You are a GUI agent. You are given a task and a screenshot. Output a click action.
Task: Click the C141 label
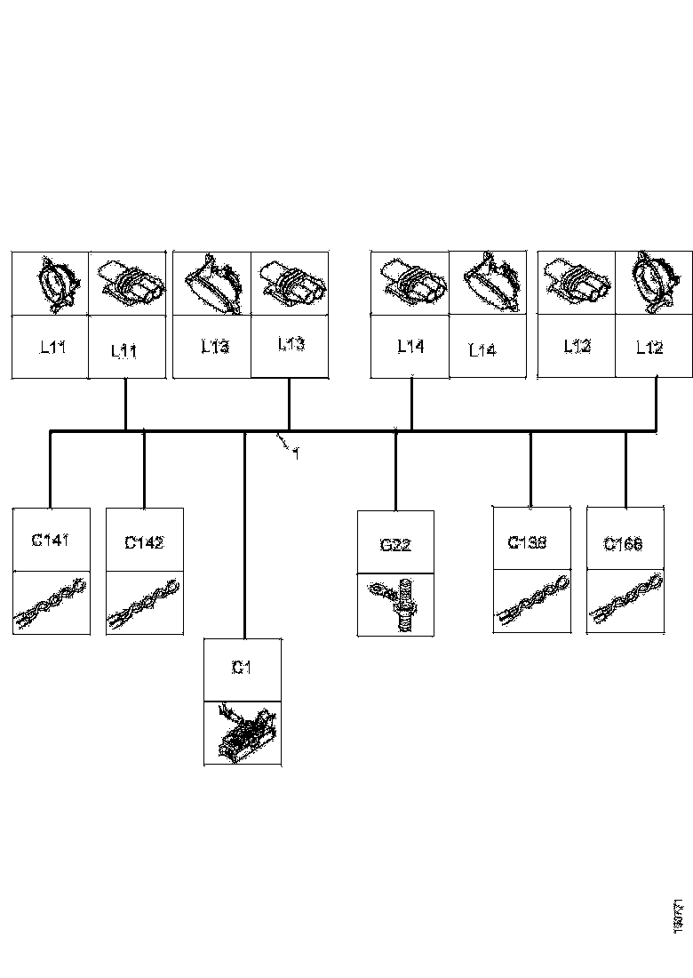tap(50, 539)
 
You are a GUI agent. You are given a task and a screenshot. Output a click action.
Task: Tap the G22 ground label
tap(394, 545)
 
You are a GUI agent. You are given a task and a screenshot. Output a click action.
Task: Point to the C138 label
tap(527, 541)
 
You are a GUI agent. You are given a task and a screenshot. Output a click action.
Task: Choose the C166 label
tap(623, 544)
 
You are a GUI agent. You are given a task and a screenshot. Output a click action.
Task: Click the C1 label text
tap(241, 668)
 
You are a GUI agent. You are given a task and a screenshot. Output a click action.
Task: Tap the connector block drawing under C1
tap(243, 733)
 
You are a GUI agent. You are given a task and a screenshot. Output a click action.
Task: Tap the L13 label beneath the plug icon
tap(291, 344)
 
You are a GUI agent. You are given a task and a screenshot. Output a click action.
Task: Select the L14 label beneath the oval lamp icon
tap(482, 349)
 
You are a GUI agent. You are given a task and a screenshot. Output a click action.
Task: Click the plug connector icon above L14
tap(410, 282)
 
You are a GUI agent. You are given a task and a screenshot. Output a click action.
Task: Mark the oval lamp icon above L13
tap(211, 284)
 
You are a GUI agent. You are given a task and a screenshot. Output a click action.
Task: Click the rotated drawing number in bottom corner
tap(678, 917)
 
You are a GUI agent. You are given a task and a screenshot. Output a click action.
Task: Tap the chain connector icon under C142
tap(144, 604)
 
